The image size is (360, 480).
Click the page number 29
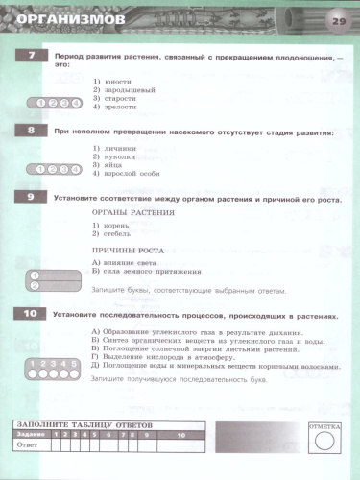[338, 20]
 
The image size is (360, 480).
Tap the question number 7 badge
[31, 58]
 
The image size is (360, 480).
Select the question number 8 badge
[31, 131]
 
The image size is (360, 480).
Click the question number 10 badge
[31, 314]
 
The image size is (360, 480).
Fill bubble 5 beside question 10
[73, 364]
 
